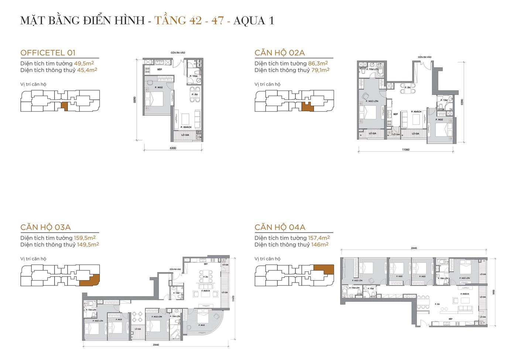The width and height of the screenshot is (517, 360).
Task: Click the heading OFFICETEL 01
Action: click(48, 53)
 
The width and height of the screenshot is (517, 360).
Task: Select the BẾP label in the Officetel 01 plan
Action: click(160, 69)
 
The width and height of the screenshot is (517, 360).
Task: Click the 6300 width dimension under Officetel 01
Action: click(173, 148)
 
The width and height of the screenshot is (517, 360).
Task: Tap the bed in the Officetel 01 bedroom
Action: click(157, 99)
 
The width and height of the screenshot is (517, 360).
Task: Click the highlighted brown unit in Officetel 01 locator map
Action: click(64, 106)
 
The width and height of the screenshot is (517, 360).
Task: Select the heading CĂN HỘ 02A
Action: click(280, 53)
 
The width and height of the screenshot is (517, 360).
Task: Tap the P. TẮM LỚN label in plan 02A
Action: click(372, 69)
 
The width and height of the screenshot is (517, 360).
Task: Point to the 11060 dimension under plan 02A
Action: click(405, 150)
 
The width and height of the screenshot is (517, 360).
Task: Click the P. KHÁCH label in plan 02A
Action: click(417, 112)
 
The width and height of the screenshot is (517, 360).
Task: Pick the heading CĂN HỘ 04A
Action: click(280, 227)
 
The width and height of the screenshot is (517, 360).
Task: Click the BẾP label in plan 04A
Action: click(451, 318)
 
